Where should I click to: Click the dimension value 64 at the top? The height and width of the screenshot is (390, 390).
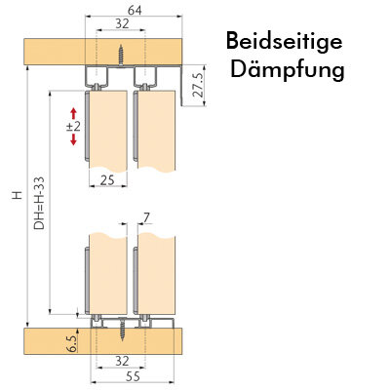pyautogui.click(x=135, y=11)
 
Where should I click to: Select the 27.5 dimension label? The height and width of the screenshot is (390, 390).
pyautogui.click(x=198, y=85)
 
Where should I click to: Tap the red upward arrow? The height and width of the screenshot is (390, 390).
pyautogui.click(x=73, y=113)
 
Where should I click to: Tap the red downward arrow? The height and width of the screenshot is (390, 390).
pyautogui.click(x=73, y=139)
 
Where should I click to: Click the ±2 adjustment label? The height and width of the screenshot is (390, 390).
pyautogui.click(x=73, y=127)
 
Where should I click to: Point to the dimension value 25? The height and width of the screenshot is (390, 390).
pyautogui.click(x=107, y=179)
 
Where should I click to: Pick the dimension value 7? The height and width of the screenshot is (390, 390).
pyautogui.click(x=147, y=218)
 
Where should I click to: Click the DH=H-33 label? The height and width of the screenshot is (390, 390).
pyautogui.click(x=39, y=204)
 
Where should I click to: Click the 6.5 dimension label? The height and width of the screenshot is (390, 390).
pyautogui.click(x=73, y=344)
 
